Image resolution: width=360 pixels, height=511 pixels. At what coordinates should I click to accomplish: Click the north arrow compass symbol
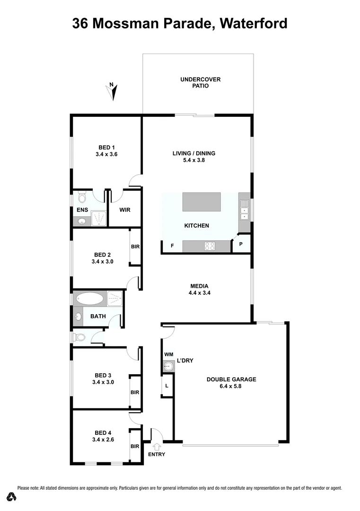[113, 91]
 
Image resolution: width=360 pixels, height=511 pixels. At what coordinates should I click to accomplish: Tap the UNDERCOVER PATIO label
[200, 83]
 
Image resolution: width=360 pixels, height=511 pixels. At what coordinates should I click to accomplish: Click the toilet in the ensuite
[81, 196]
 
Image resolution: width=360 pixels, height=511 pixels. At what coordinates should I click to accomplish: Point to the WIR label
[125, 210]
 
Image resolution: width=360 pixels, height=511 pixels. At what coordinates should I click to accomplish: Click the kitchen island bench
[202, 202]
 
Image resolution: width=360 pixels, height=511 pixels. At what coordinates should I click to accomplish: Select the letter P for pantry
[241, 244]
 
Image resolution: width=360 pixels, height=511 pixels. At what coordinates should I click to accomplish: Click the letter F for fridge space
[172, 246]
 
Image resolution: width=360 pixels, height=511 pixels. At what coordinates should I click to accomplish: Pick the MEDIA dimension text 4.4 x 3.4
[199, 292]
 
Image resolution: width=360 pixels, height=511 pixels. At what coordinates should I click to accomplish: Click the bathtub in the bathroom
[89, 299]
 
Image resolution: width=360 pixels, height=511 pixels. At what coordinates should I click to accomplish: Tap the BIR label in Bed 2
[135, 247]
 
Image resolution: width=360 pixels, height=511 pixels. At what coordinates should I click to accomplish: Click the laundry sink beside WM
[167, 365]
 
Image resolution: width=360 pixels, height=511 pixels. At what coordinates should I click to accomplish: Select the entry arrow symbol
[157, 446]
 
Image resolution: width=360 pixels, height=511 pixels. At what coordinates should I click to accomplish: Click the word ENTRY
[157, 455]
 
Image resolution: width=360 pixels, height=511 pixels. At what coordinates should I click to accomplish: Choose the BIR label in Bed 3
[135, 392]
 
